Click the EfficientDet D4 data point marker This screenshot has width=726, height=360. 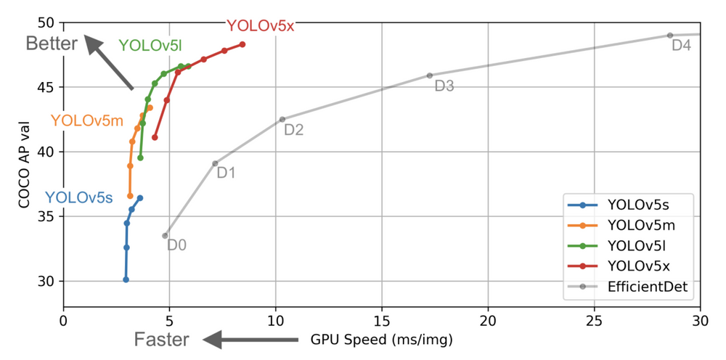point(669,36)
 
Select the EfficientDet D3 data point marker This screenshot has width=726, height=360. point(430,75)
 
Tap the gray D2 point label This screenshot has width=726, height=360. point(293,131)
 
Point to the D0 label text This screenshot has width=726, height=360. point(176,245)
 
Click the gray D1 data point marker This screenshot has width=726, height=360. point(215,163)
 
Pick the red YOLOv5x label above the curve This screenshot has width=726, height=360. point(260,25)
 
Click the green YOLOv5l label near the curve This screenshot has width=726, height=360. point(150,46)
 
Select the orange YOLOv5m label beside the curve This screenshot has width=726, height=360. point(87,120)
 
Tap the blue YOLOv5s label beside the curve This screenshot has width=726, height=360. point(79,197)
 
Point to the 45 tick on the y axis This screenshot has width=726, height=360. point(48,87)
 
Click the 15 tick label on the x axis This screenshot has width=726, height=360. point(382,320)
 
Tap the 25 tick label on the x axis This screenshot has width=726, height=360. point(595,320)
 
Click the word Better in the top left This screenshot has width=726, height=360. point(52,44)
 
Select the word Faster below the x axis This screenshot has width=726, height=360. point(161,340)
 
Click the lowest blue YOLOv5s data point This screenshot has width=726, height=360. point(126,279)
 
